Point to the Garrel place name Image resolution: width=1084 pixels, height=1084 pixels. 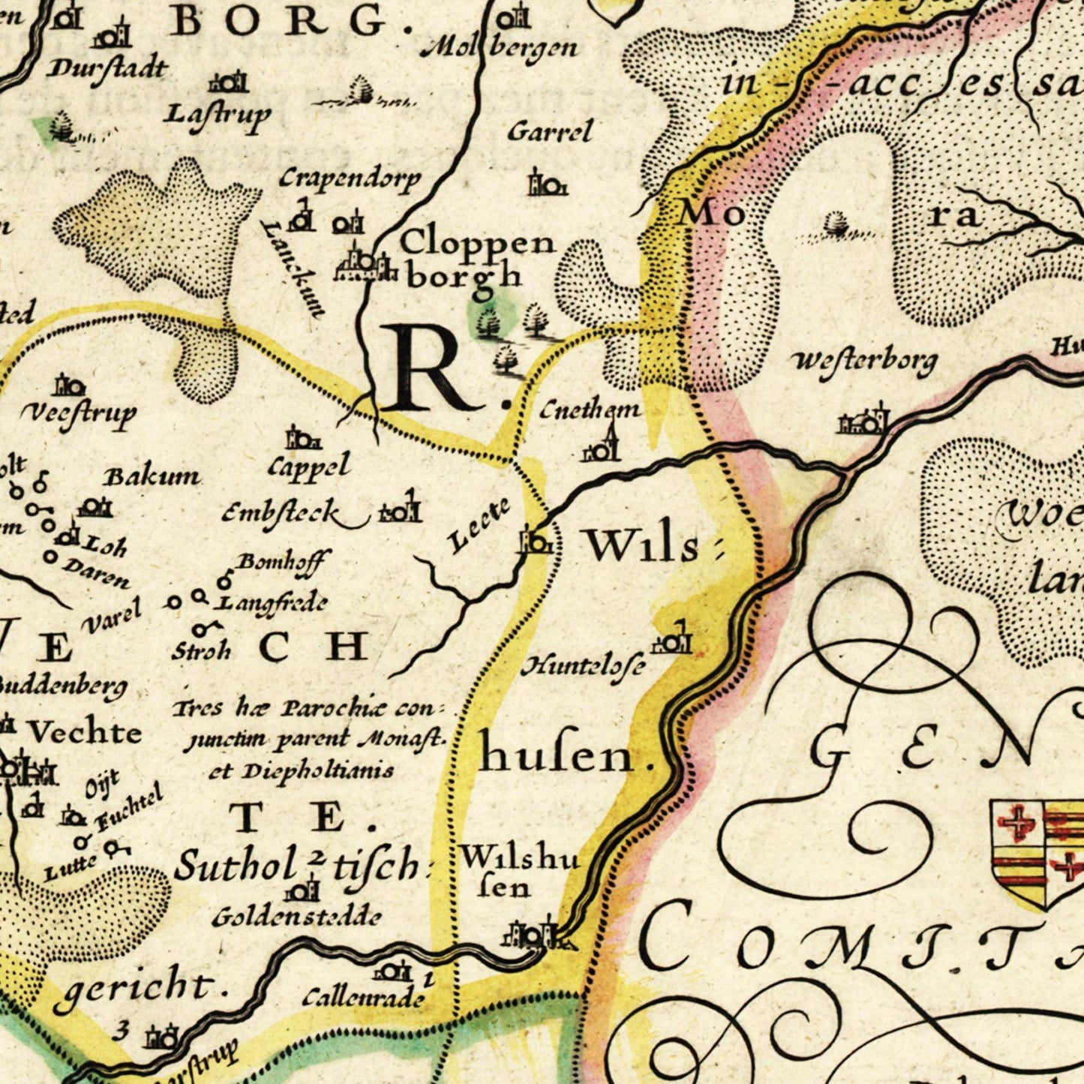tap(550, 132)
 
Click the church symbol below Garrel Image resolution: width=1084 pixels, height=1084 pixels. tap(545, 182)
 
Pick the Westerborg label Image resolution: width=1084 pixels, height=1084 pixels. tap(864, 362)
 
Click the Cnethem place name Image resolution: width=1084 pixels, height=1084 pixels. tap(590, 410)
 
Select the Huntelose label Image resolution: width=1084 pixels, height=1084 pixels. tap(583, 665)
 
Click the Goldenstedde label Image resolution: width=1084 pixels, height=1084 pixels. tap(296, 917)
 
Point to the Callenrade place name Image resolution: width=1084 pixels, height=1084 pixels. tap(364, 998)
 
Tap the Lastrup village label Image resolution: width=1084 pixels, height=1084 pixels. tap(218, 115)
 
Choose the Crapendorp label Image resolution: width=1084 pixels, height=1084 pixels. tap(350, 179)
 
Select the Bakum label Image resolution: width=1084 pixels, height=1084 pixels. tap(152, 476)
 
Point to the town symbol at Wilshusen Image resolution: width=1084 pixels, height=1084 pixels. tap(533, 935)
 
